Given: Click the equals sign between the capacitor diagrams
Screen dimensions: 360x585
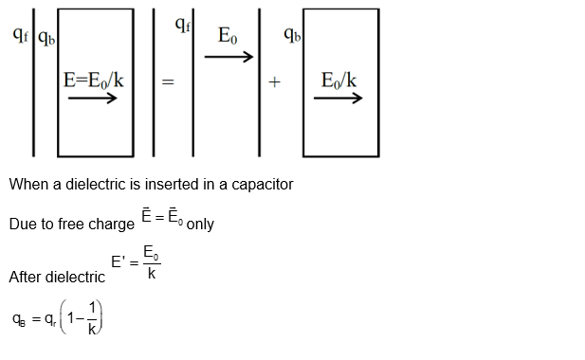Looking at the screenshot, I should click(168, 83).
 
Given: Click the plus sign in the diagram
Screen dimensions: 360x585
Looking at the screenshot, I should click(274, 83).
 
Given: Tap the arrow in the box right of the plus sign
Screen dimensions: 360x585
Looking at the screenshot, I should click(338, 98).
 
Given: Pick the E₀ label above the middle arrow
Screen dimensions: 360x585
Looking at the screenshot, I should click(229, 37).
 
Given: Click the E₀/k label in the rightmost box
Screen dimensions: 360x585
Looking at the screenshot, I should click(338, 80).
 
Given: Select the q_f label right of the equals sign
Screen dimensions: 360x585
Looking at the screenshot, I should click(183, 26).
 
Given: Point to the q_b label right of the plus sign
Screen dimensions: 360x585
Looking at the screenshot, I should click(292, 35).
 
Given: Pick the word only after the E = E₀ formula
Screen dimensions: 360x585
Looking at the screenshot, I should click(200, 225).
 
